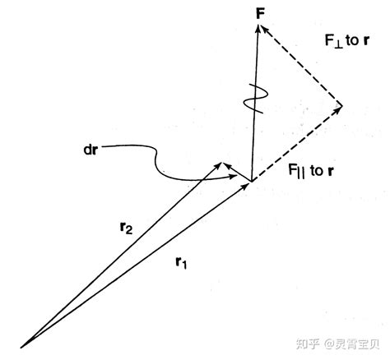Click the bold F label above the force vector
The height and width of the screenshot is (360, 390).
click(260, 14)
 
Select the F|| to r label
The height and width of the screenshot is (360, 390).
click(311, 171)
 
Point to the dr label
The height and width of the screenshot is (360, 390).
click(91, 150)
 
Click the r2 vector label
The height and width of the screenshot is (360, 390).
click(127, 228)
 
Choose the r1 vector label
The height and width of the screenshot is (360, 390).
click(181, 262)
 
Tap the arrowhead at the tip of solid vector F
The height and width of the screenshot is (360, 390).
click(258, 28)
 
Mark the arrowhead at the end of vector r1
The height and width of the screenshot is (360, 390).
click(245, 185)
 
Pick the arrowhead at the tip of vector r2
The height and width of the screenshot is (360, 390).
click(218, 166)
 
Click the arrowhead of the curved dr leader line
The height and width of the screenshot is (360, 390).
click(233, 177)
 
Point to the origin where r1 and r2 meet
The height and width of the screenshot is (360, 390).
click(21, 348)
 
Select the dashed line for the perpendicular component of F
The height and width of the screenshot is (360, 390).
click(300, 65)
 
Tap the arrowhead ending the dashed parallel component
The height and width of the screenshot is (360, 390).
click(338, 108)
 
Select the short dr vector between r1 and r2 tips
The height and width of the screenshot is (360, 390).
click(236, 172)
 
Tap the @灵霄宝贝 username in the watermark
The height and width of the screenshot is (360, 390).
click(351, 344)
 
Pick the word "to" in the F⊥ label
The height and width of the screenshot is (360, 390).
click(352, 40)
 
